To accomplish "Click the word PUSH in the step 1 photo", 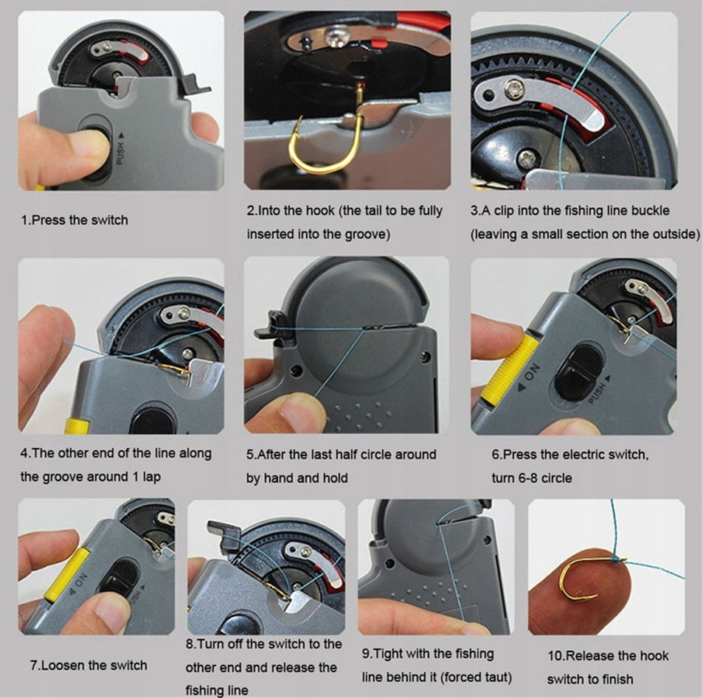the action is coord(120,153).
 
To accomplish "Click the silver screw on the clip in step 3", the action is coord(514,90).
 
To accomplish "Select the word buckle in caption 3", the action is coord(650,211).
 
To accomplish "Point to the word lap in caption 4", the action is coord(151,478).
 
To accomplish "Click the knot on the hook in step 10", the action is coord(617,559).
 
